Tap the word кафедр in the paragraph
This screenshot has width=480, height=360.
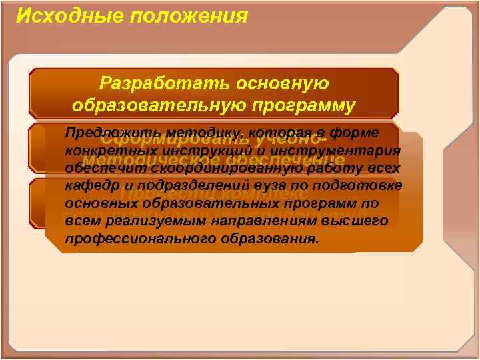point(87,185)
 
